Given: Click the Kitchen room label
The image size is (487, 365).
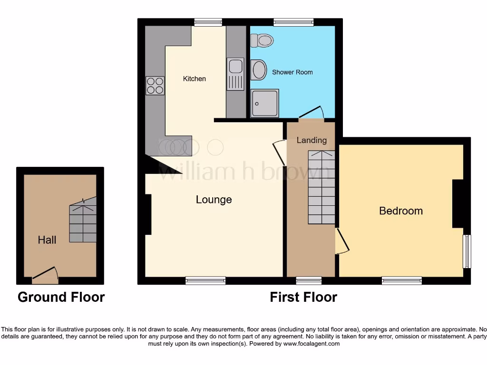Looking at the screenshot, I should tap(195, 78).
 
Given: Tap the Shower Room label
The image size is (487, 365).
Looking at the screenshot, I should tap(292, 72).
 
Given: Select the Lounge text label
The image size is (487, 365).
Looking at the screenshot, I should tap(214, 200).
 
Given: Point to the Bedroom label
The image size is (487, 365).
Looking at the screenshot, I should tap(400, 211).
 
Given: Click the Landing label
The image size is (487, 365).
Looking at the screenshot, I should tap(312, 140).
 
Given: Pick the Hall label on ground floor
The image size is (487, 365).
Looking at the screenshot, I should tap(47, 240).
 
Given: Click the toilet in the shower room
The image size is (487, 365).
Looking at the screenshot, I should tap(262, 40).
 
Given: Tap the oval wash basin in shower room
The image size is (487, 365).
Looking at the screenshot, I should tap(259, 70).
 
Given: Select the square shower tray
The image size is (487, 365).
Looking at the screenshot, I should tap(264, 103).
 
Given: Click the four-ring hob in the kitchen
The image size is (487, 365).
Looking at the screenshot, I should tap(155, 86).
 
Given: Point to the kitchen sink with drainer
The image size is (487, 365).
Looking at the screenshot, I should tap(235, 74).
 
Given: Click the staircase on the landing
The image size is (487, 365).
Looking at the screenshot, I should tap(321, 187).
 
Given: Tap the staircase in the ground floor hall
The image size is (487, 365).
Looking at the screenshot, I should tap(83, 221).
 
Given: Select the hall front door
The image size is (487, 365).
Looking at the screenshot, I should tap(45, 273).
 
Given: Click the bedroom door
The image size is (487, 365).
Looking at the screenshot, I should tap(342, 241).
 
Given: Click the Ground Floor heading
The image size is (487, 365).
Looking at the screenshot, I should tap(61, 297).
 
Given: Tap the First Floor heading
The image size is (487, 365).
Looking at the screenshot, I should tap(303, 297).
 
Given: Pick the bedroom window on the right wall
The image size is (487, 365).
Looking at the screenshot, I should tap(467, 251).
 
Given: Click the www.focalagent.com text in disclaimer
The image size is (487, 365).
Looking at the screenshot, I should tap(311, 343).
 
